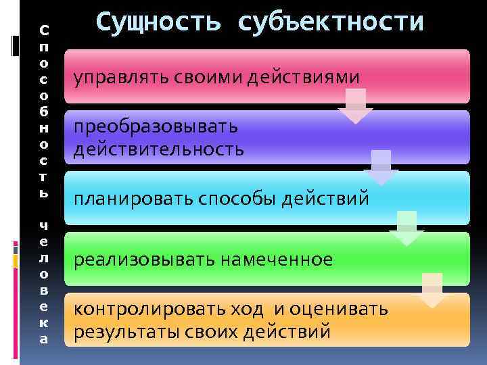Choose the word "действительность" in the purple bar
[x=159, y=148]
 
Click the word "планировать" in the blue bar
[x=133, y=200]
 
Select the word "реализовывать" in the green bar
[x=143, y=260]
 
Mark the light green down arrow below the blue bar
[x=407, y=228]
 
